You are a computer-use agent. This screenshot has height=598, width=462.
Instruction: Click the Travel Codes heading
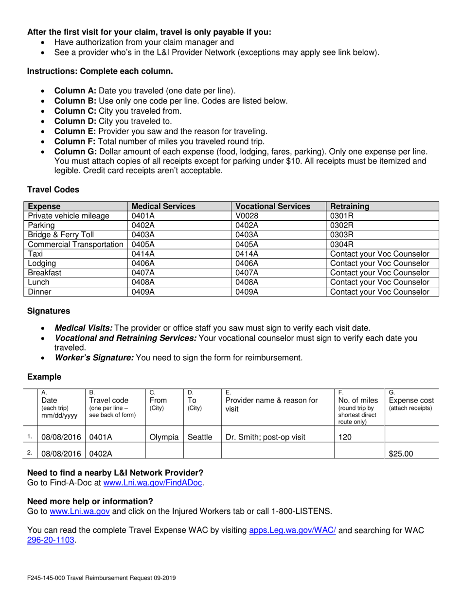tap(53, 189)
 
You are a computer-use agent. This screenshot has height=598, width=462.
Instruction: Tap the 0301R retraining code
tap(340, 216)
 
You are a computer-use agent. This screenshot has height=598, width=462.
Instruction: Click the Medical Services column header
tap(163, 206)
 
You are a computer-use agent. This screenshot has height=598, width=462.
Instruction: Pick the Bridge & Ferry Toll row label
tap(61, 235)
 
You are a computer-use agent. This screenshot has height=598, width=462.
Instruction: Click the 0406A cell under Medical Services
tap(142, 264)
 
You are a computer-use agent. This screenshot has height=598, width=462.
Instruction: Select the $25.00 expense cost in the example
tap(401, 454)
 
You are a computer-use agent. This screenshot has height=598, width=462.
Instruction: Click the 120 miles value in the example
tap(345, 437)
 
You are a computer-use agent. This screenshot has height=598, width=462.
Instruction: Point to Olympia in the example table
tap(164, 437)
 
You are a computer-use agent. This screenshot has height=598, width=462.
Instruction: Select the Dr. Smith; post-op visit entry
tap(266, 437)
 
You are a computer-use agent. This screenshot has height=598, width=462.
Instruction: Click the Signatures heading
tap(49, 311)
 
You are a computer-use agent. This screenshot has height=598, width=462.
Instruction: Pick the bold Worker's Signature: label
tap(94, 358)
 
